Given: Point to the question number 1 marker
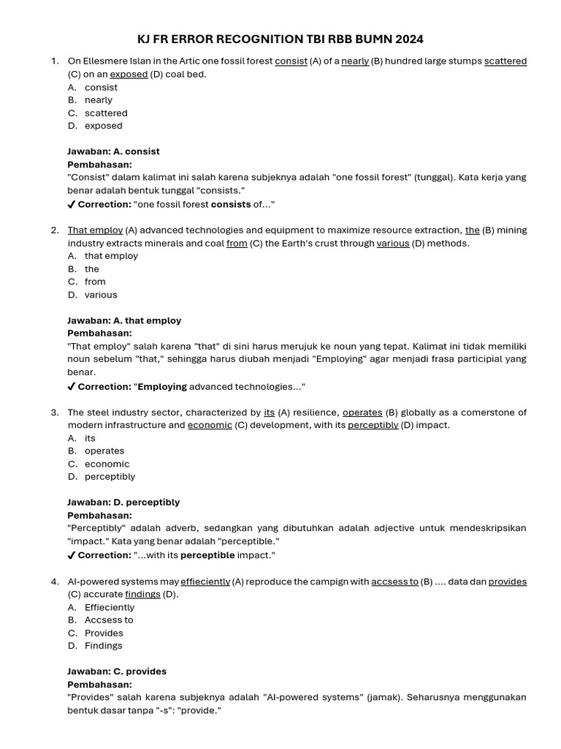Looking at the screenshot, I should coord(55,61).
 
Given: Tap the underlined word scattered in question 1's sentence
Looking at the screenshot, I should coord(505,61).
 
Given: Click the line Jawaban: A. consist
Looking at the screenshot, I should coord(113,151).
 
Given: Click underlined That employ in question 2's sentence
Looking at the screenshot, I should coord(95,230).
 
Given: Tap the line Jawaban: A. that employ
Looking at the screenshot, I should coord(124,320).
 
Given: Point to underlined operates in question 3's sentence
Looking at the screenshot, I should coord(362,413).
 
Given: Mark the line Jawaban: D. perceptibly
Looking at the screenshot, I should coord(123,503).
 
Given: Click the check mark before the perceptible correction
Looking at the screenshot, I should coord(71,556).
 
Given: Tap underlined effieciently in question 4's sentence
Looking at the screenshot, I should coord(205,582).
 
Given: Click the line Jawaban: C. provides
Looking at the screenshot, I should coord(117,671).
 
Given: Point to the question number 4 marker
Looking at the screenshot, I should coord(55,582).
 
